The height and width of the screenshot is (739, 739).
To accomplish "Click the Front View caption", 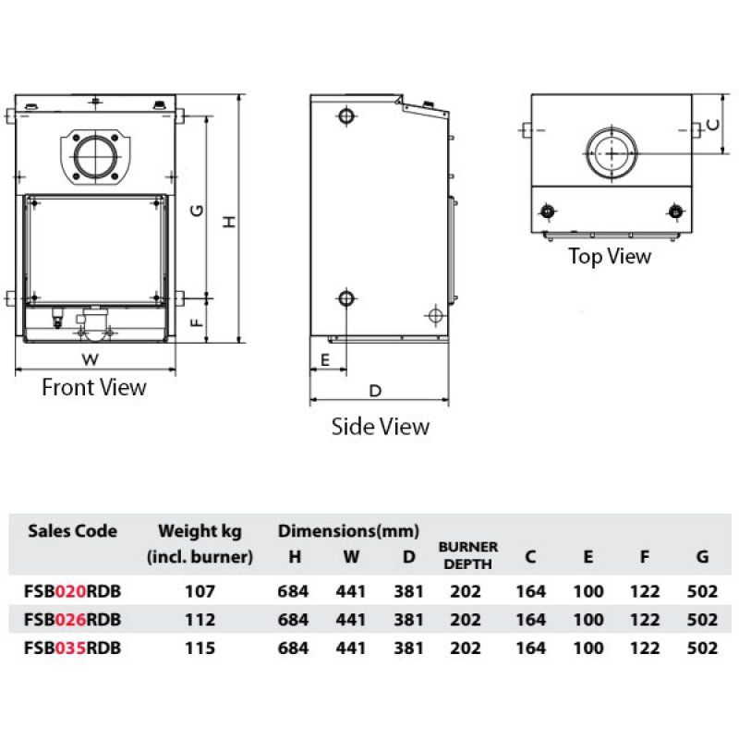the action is coord(94,387).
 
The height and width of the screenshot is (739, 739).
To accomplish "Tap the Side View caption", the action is coord(381,427).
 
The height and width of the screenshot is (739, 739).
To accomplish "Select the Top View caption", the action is coord(610,257).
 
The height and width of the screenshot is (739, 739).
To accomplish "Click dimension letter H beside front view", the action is coord(229,222).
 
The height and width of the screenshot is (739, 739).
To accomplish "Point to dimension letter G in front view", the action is coord(197,211).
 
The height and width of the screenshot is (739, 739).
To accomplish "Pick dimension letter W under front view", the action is coord(90,359).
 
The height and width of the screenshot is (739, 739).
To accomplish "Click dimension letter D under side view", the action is coord(375,391).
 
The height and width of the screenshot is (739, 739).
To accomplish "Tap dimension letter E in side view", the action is coord(325,360).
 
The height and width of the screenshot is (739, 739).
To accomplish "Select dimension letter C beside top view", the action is coord(713,125).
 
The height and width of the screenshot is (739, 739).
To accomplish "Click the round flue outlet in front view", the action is coord(96,157).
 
